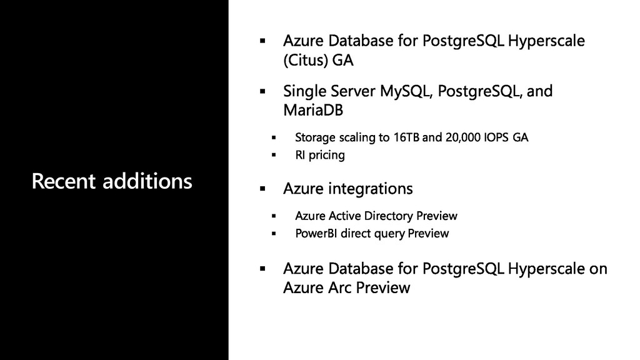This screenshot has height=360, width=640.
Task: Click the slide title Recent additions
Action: click(x=112, y=181)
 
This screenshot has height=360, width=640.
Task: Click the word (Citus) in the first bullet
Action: click(x=306, y=61)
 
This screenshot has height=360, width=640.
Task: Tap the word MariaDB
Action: click(x=313, y=110)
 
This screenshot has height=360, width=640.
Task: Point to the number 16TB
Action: click(x=406, y=137)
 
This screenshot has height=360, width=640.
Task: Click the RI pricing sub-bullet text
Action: click(x=320, y=155)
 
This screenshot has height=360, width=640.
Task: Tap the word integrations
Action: click(x=371, y=189)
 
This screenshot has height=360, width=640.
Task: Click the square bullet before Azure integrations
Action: click(x=262, y=189)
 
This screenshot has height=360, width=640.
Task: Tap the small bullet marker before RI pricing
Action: click(x=274, y=155)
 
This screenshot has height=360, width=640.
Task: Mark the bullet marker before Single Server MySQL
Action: click(x=262, y=91)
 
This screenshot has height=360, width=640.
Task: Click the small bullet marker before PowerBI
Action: click(x=274, y=234)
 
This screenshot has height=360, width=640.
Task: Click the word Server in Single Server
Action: click(x=352, y=91)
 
